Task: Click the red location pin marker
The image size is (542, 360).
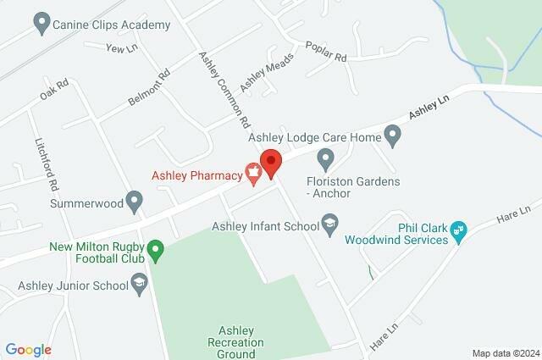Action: pos(270,162)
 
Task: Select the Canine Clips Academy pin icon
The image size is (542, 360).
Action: pos(41,25)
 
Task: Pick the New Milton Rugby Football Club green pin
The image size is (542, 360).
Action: pos(155,251)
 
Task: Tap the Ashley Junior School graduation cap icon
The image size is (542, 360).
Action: pos(141,285)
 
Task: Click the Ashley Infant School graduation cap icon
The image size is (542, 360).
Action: pos(330,225)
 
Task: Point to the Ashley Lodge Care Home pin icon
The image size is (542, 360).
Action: pos(392,135)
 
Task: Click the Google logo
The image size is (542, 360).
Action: pos(28,350)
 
